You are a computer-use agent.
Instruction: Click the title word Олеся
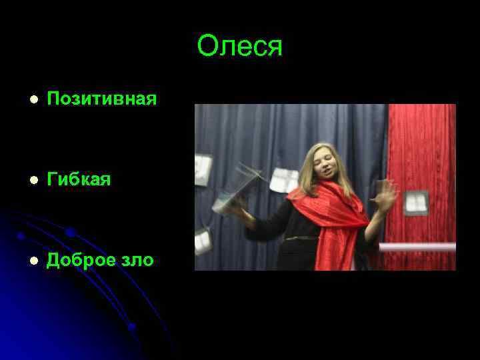tap(240, 47)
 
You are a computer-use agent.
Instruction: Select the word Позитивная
tap(102, 99)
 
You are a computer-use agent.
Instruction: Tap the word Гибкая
tap(79, 180)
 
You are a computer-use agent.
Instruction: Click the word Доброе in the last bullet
tap(80, 260)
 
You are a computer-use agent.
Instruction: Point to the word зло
tap(136, 261)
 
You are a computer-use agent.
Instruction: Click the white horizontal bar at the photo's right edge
tap(417, 247)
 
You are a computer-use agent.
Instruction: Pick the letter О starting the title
tap(207, 47)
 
